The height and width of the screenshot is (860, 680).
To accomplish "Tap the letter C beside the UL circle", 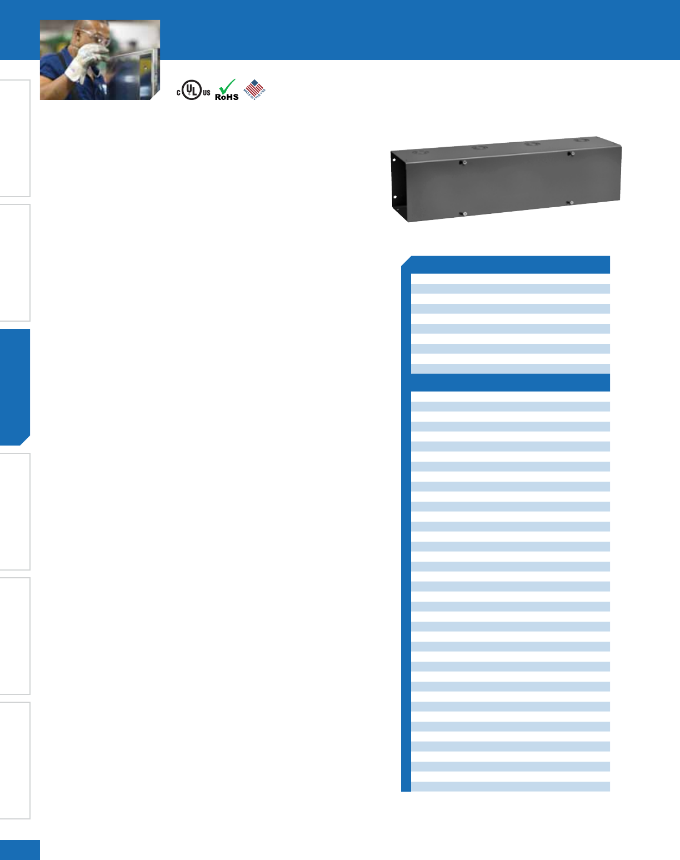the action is click(x=179, y=93).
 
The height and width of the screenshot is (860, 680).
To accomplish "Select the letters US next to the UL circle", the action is click(x=206, y=93).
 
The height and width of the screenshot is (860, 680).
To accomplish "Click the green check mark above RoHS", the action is click(x=227, y=86).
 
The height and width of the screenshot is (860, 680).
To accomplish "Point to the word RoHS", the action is click(x=227, y=97).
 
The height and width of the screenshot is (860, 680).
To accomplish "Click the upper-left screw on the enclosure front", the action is click(x=463, y=162).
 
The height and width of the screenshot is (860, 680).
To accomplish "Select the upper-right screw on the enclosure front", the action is click(x=571, y=153).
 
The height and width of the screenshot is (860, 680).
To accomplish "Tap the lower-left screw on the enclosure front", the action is click(x=464, y=213).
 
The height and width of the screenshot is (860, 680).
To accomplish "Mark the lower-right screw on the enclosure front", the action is click(x=570, y=202).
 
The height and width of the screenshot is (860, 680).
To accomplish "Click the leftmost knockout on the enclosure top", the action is click(x=421, y=151).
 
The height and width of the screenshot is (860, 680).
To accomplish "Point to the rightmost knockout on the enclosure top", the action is click(x=581, y=141).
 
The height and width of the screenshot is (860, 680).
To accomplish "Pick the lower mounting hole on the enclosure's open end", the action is click(x=394, y=197).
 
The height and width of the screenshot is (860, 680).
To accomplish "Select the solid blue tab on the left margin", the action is click(x=15, y=387).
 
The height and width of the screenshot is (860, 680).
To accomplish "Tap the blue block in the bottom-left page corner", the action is click(x=20, y=850).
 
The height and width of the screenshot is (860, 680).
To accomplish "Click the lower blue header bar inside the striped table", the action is click(x=510, y=382).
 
